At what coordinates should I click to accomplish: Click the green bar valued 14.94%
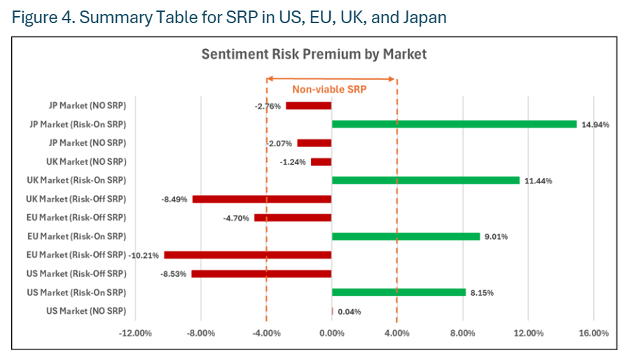coord(454,124)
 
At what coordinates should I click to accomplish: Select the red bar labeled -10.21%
coord(247,255)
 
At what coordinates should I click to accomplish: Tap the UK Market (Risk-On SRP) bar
coord(425,180)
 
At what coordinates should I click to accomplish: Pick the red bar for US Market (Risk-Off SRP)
coord(261,273)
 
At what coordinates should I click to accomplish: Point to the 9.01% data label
coord(495,237)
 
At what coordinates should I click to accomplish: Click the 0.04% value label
coord(349,312)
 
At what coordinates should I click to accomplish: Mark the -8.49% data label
coord(174,200)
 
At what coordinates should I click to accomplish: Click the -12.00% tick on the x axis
coord(135,333)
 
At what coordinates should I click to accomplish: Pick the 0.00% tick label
coord(331,333)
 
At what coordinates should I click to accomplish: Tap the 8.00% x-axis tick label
coord(462,333)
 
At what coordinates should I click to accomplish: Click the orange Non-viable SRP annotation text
coord(329,90)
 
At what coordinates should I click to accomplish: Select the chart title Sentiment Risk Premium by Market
coord(314,54)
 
